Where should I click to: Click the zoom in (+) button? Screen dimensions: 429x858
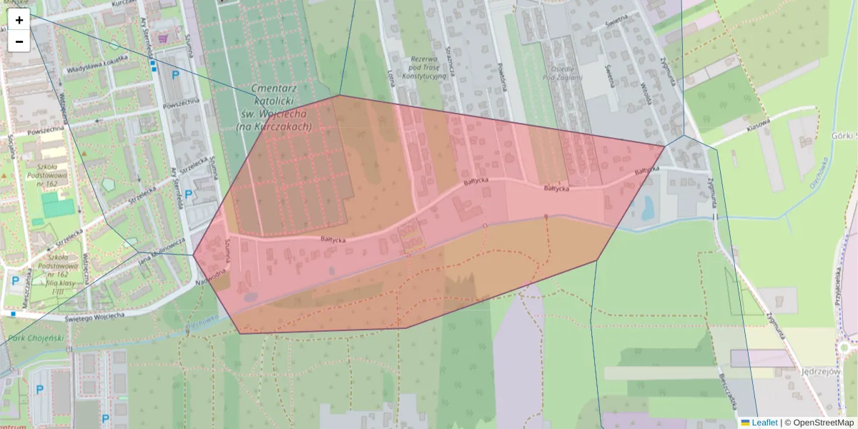pos(19,20)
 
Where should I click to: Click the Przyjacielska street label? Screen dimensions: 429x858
pos(838,287)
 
